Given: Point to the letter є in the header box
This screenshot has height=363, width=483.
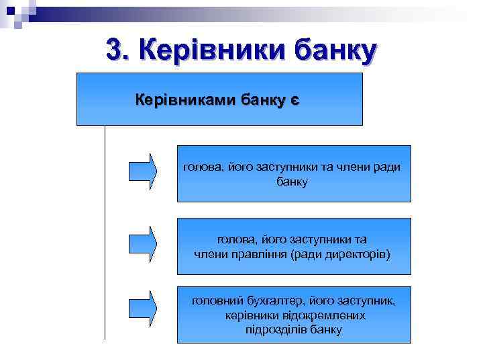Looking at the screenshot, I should pos(294,101).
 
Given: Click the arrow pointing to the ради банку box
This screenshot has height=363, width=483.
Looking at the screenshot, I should pos(143,171).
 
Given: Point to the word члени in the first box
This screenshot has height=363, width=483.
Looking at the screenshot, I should pos(354,167).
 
